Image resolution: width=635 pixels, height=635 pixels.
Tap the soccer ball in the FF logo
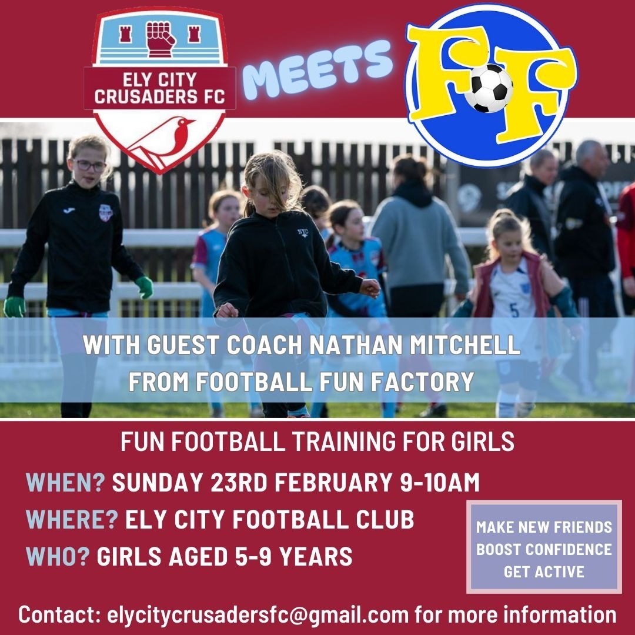[x=492, y=88]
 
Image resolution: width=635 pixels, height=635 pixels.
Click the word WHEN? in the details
[x=65, y=483]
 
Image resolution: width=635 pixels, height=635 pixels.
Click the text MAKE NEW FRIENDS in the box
[x=544, y=527]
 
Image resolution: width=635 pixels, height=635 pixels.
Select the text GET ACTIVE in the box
[x=544, y=571]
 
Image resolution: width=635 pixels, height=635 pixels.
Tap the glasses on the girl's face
[x=89, y=165]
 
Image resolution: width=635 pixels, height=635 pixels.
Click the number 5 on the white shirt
[x=514, y=310]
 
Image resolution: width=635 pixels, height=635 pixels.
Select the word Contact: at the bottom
[x=59, y=615]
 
